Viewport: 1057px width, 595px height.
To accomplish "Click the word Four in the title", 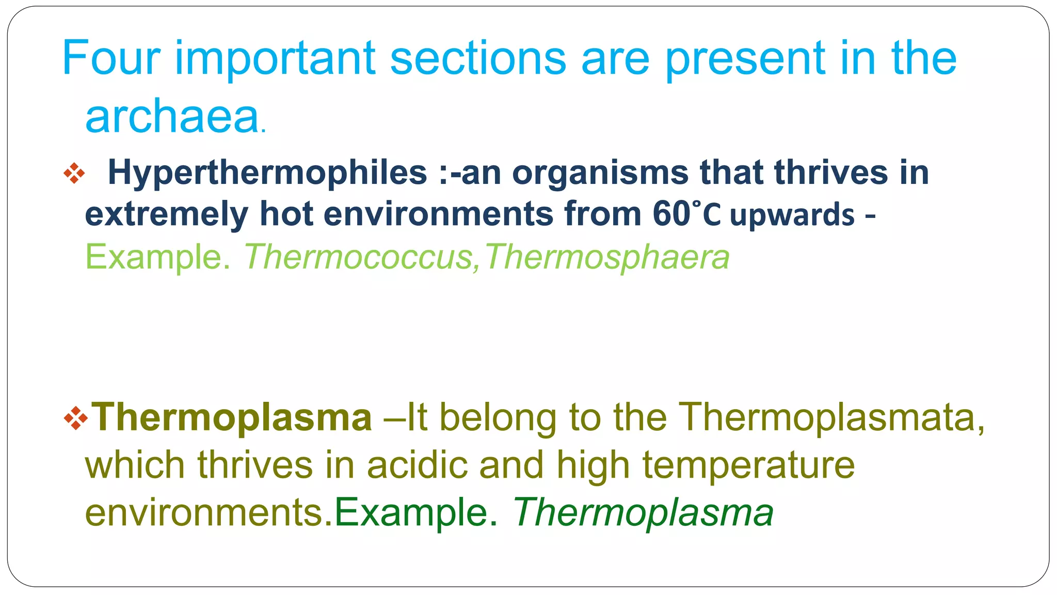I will [x=111, y=58].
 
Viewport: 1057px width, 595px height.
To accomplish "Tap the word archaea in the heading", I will [x=172, y=117].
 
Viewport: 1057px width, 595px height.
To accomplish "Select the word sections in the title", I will [x=478, y=58].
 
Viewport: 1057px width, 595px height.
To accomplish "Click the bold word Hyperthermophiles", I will [x=267, y=173].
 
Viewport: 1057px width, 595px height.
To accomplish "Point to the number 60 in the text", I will [x=671, y=214].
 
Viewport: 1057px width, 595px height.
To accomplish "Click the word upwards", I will [x=792, y=215].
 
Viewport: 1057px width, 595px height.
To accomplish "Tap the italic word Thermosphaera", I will [x=607, y=257].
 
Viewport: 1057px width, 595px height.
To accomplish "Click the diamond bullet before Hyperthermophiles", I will [x=74, y=174].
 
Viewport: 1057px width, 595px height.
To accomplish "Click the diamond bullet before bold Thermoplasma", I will [x=75, y=418].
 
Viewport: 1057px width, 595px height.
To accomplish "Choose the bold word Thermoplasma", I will [x=232, y=417].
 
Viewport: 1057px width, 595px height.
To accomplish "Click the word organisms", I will [x=600, y=173].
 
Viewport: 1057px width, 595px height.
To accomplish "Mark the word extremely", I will [x=166, y=214].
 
